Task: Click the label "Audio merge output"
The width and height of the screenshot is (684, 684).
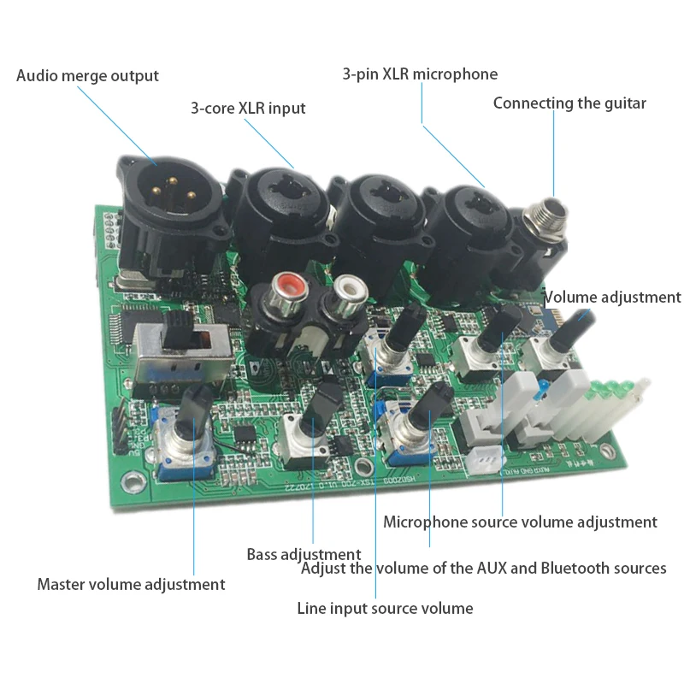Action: click(x=87, y=75)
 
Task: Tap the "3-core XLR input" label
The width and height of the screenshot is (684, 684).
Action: click(x=248, y=109)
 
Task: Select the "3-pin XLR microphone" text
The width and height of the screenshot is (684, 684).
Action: click(x=420, y=74)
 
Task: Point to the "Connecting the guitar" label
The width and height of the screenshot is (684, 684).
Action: click(x=569, y=103)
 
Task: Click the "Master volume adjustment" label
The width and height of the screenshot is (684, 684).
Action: click(x=131, y=585)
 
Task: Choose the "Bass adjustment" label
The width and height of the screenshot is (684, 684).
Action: click(x=304, y=555)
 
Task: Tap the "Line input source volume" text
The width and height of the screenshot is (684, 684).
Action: click(x=385, y=609)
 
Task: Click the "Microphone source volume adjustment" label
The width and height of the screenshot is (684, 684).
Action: click(x=520, y=522)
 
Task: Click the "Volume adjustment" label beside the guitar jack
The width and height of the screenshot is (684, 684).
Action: click(x=613, y=298)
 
